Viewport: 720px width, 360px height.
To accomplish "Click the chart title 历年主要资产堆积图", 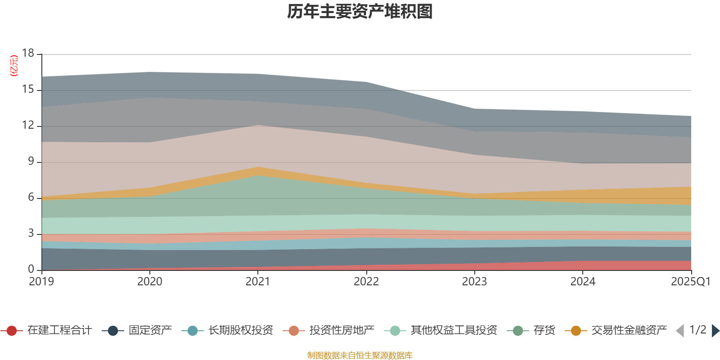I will point(360,12).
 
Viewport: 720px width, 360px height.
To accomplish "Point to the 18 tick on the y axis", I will point(28,53).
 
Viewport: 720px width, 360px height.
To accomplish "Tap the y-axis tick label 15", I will point(28,90).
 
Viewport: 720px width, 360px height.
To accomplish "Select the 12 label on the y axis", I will point(28,125).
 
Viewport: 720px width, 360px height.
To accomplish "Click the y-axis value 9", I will point(31,161).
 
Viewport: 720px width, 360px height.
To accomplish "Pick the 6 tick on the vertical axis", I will point(31,197).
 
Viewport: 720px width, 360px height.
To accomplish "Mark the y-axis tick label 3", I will point(31,233).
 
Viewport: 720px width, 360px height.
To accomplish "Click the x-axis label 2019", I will point(41,282).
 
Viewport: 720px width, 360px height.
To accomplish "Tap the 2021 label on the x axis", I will point(258,282).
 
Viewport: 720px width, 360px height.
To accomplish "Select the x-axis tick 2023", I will point(474,282).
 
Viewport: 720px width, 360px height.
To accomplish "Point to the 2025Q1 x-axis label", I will point(690,282).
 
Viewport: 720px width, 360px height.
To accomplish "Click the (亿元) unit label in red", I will point(14,66).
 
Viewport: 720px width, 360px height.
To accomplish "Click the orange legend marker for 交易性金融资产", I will point(576,331).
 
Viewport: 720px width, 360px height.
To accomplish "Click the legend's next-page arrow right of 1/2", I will point(715,331).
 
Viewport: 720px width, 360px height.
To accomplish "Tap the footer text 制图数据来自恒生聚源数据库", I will point(360,355).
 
